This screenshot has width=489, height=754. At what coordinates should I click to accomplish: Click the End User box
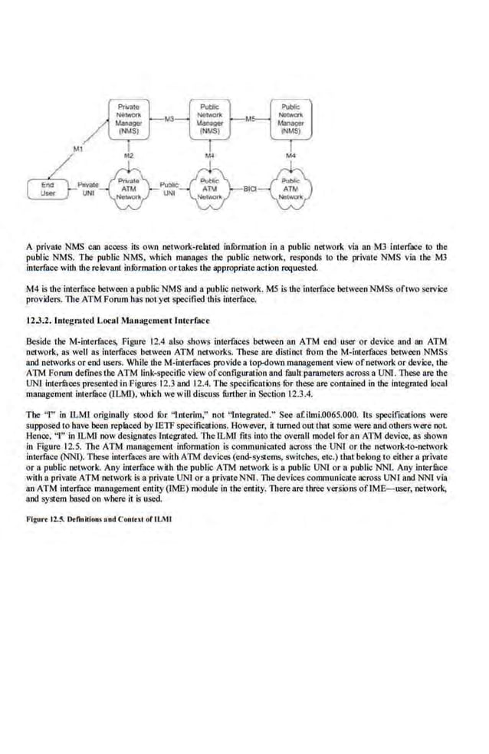coord(48,189)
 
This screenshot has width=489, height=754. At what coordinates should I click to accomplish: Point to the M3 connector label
coord(169,118)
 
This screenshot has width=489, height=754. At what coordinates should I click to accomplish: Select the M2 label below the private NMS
coord(129,156)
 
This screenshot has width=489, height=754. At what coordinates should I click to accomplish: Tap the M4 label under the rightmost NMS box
coord(290,156)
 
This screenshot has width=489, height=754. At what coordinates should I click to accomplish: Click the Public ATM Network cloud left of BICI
coord(209,187)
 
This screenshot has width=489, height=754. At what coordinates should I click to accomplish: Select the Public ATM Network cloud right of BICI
coord(290,187)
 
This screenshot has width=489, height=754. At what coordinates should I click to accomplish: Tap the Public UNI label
coord(169,189)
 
